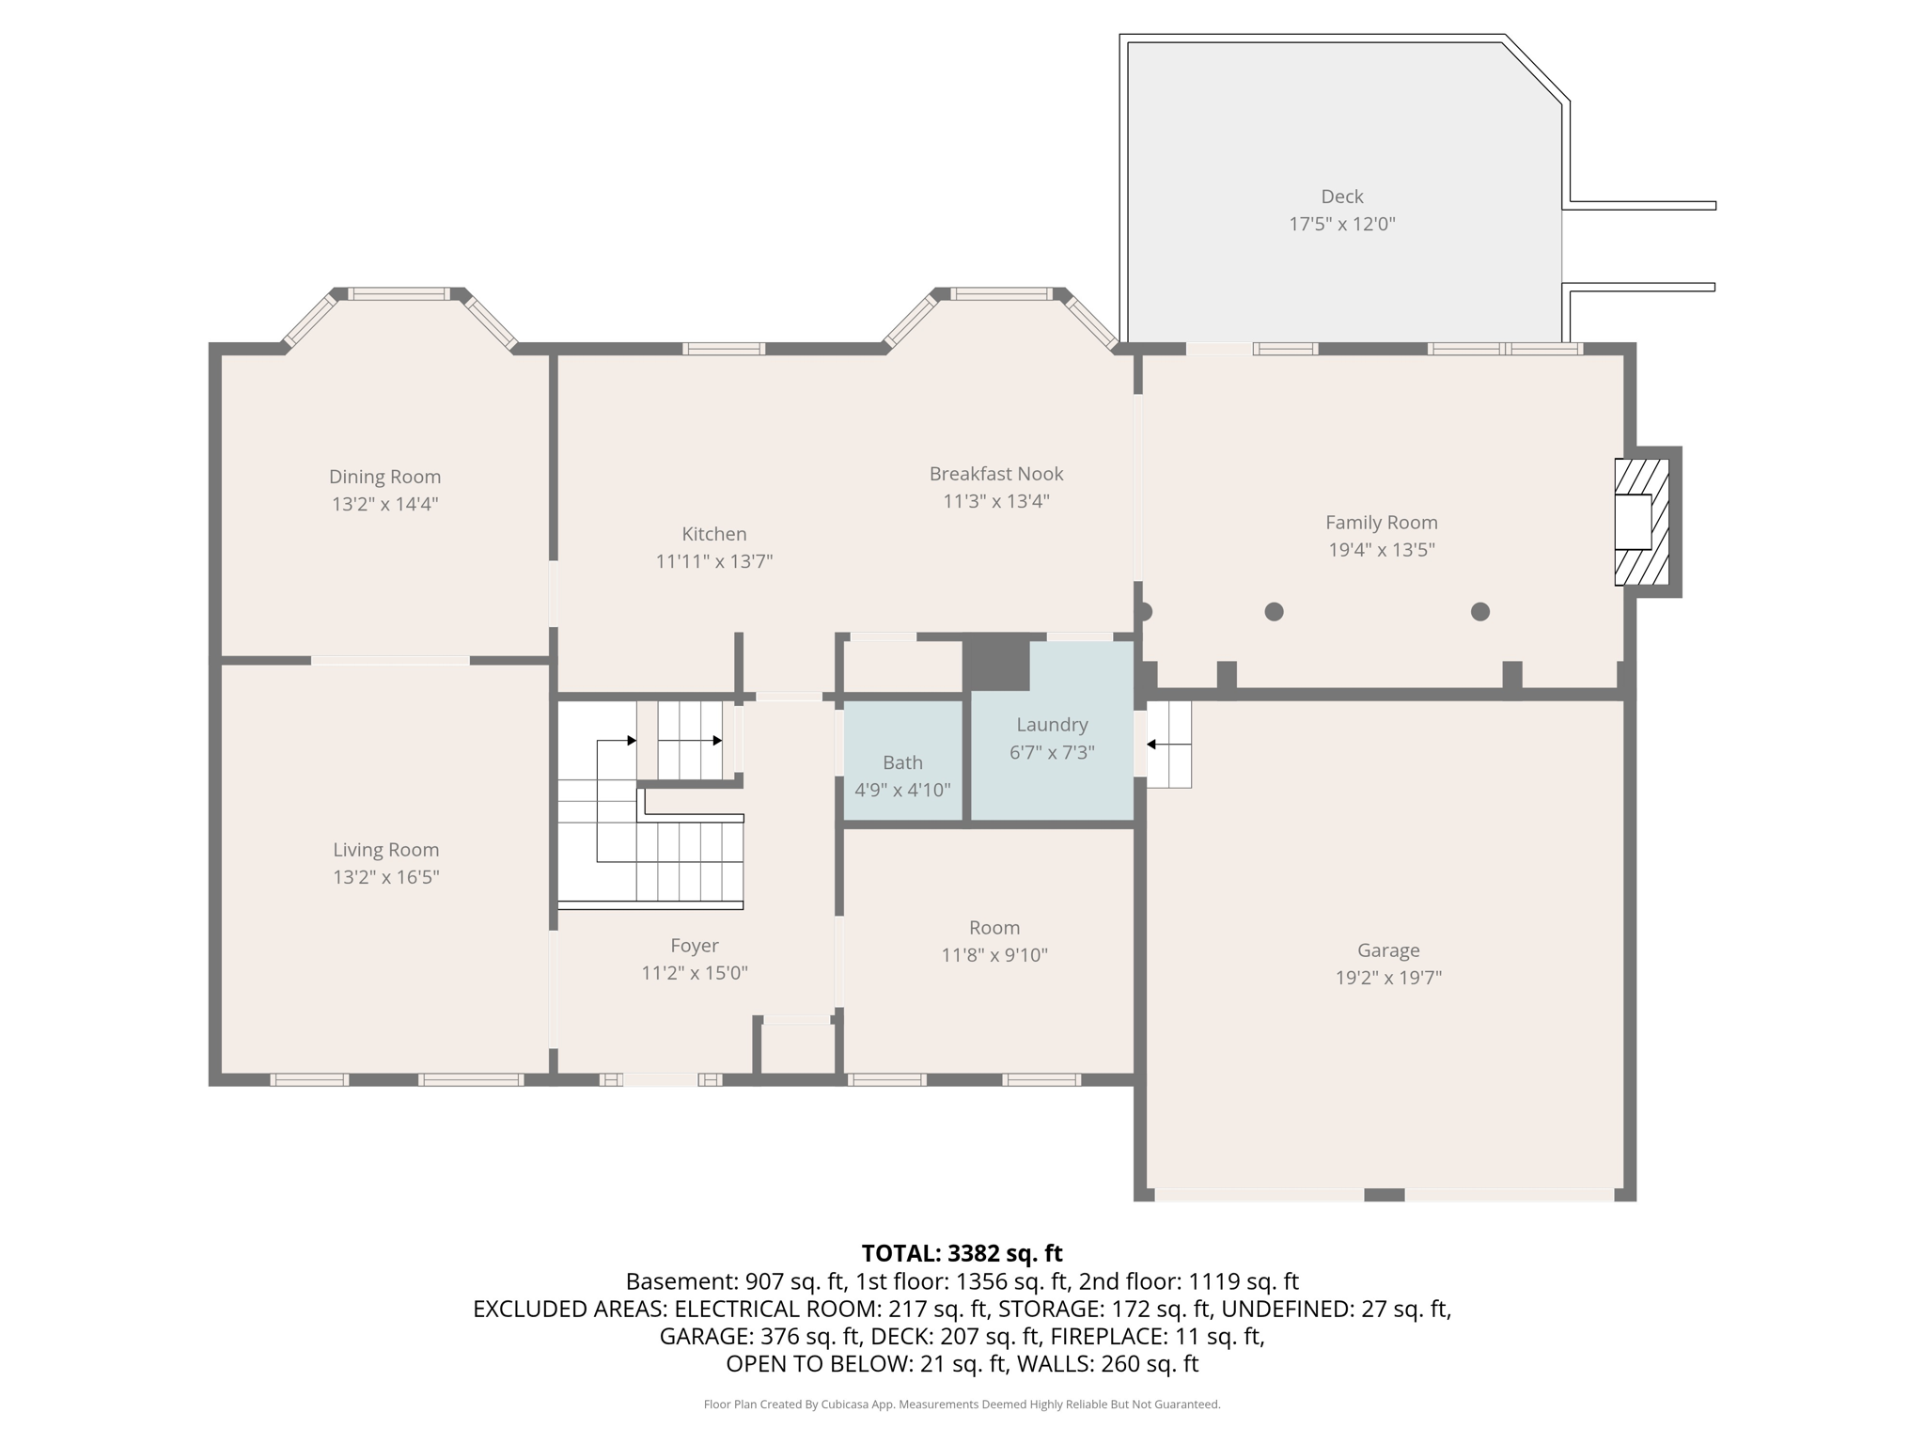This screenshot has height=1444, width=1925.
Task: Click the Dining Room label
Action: click(384, 477)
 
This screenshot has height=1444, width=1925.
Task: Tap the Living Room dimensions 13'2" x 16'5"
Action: click(385, 877)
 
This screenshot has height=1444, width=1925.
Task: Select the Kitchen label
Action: click(713, 534)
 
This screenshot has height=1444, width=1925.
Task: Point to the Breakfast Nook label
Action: click(995, 474)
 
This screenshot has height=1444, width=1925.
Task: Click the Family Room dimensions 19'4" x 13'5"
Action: click(1381, 550)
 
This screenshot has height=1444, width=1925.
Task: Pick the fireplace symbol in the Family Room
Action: click(1641, 522)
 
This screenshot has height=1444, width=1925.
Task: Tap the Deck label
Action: click(1341, 196)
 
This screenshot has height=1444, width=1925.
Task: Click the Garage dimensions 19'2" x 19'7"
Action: click(1388, 978)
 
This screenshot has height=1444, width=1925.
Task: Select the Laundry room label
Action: click(1051, 725)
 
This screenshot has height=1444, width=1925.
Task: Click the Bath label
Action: click(901, 762)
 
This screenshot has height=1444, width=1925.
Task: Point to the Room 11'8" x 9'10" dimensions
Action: click(994, 955)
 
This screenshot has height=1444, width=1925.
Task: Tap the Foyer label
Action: click(694, 946)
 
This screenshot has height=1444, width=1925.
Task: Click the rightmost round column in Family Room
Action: click(1479, 612)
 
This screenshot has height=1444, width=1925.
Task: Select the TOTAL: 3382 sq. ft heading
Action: click(962, 1253)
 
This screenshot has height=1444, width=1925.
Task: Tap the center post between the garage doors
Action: click(1384, 1195)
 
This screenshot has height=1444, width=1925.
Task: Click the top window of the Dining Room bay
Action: click(399, 294)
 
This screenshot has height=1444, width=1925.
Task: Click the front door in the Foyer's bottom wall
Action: click(661, 1080)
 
